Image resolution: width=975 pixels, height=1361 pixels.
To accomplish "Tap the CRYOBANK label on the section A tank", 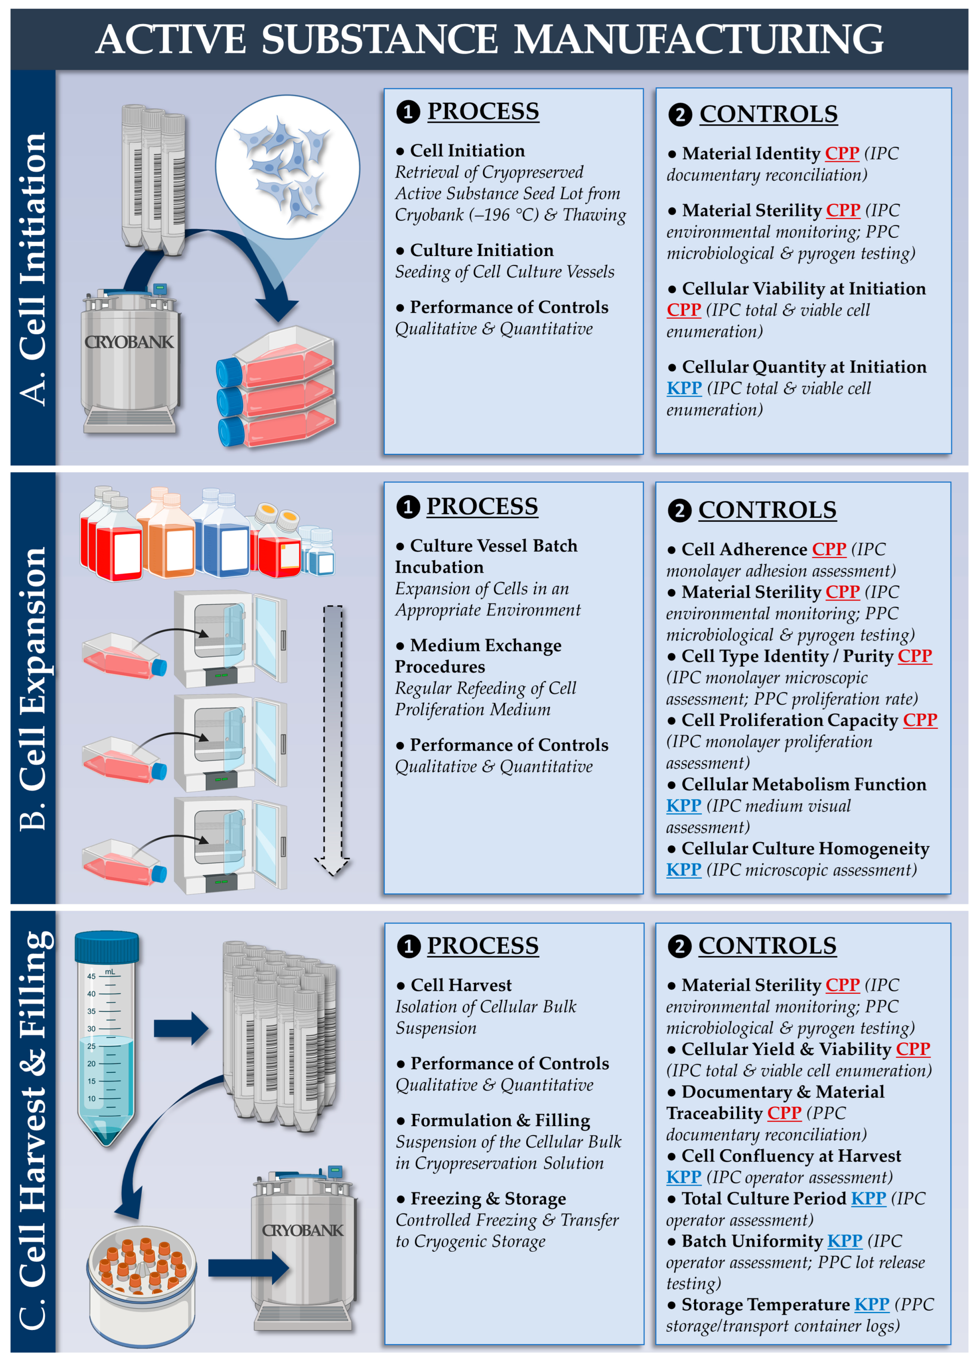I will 129,342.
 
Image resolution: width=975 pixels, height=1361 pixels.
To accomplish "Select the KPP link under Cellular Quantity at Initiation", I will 684,388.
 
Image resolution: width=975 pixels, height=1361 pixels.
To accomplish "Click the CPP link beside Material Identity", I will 842,154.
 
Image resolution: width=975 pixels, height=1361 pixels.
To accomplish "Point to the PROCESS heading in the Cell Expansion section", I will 481,506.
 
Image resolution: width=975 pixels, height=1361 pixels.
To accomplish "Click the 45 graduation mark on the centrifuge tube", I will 91,976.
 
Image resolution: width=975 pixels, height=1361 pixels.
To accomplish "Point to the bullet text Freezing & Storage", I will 487,1198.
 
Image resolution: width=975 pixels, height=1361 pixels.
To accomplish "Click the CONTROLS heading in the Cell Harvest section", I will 767,946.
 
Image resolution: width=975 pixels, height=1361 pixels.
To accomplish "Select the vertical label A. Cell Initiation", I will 33,268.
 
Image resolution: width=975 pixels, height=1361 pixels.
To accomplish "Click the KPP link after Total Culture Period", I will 868,1198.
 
